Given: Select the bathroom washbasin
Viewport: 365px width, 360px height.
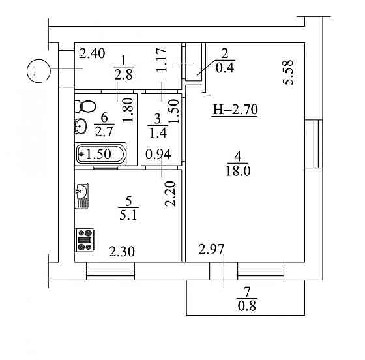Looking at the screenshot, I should (x=81, y=126).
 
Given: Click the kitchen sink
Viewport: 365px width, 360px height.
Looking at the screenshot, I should (x=82, y=192).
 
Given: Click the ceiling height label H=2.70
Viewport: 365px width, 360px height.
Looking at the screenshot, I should (x=236, y=110).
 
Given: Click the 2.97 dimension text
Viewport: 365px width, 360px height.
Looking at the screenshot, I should (x=212, y=248).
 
